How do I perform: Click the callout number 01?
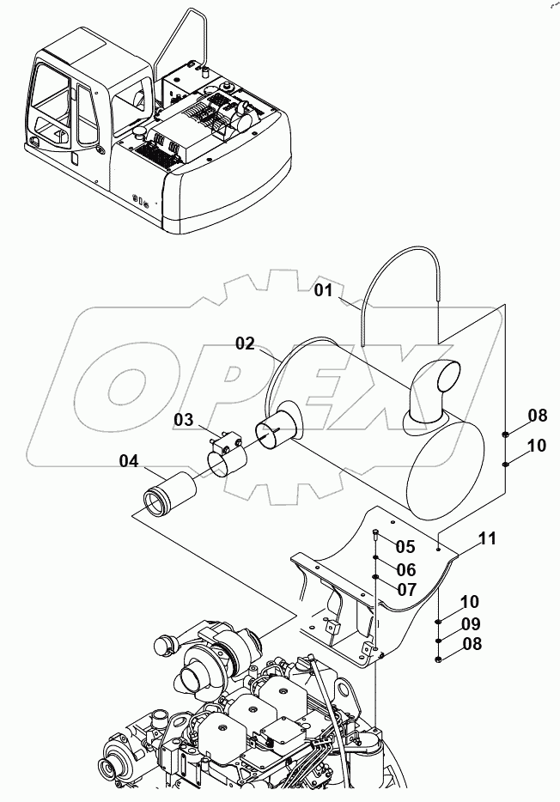click(322, 290)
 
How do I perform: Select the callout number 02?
click(246, 343)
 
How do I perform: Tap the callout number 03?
click(184, 419)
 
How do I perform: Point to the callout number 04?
click(129, 461)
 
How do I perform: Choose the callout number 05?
click(405, 546)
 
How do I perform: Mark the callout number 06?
click(405, 568)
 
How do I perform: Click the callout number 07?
click(405, 590)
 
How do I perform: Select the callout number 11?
click(488, 539)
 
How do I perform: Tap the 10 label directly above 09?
click(469, 602)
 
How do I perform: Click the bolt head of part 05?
click(376, 535)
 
